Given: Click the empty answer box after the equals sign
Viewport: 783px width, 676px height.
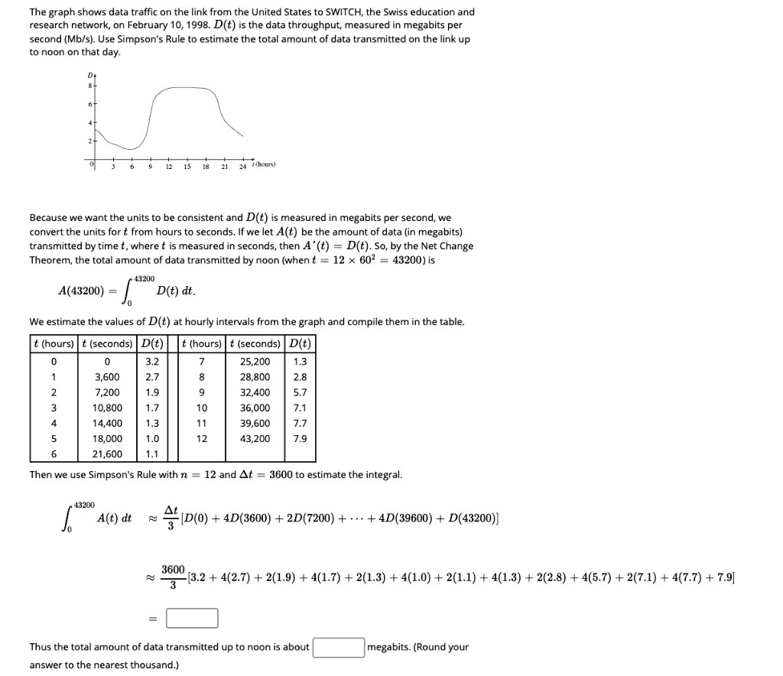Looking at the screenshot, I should [192, 617].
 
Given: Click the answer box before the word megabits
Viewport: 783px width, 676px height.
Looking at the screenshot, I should [337, 648].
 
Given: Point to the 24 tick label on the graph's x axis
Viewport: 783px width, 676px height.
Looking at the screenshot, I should [242, 167].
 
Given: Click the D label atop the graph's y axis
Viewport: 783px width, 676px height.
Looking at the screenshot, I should [91, 75].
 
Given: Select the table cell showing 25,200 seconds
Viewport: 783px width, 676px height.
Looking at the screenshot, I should [255, 361].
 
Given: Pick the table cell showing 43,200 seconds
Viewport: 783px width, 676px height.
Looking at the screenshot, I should [255, 438].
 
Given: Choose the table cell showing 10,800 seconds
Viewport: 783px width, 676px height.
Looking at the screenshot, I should [107, 408].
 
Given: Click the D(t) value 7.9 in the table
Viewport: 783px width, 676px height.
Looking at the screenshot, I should [301, 438].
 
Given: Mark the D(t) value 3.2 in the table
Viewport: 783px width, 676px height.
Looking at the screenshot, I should [152, 361].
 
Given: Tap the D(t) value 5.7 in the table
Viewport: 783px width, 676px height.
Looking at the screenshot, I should [301, 392].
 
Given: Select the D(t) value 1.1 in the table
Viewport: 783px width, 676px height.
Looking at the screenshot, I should [152, 453].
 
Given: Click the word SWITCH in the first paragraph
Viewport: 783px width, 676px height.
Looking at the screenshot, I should [327, 12].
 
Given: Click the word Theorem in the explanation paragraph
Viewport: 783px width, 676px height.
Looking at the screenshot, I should [50, 260].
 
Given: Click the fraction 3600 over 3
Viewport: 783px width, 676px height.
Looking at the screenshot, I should [173, 577].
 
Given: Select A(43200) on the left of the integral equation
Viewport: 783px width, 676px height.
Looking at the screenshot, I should [82, 291].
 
